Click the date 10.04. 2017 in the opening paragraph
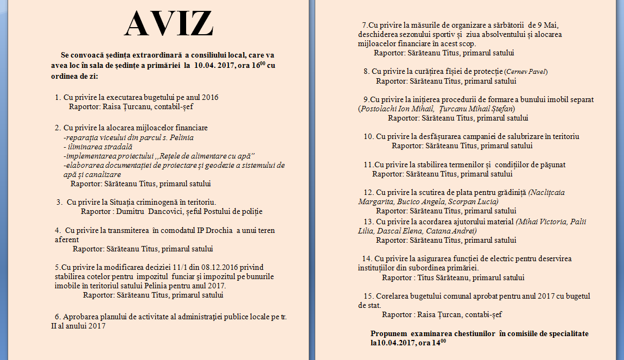click(x=221, y=66)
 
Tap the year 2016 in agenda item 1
click(x=208, y=97)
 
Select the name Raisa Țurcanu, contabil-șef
click(x=134, y=106)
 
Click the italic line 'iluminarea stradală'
click(x=98, y=147)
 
